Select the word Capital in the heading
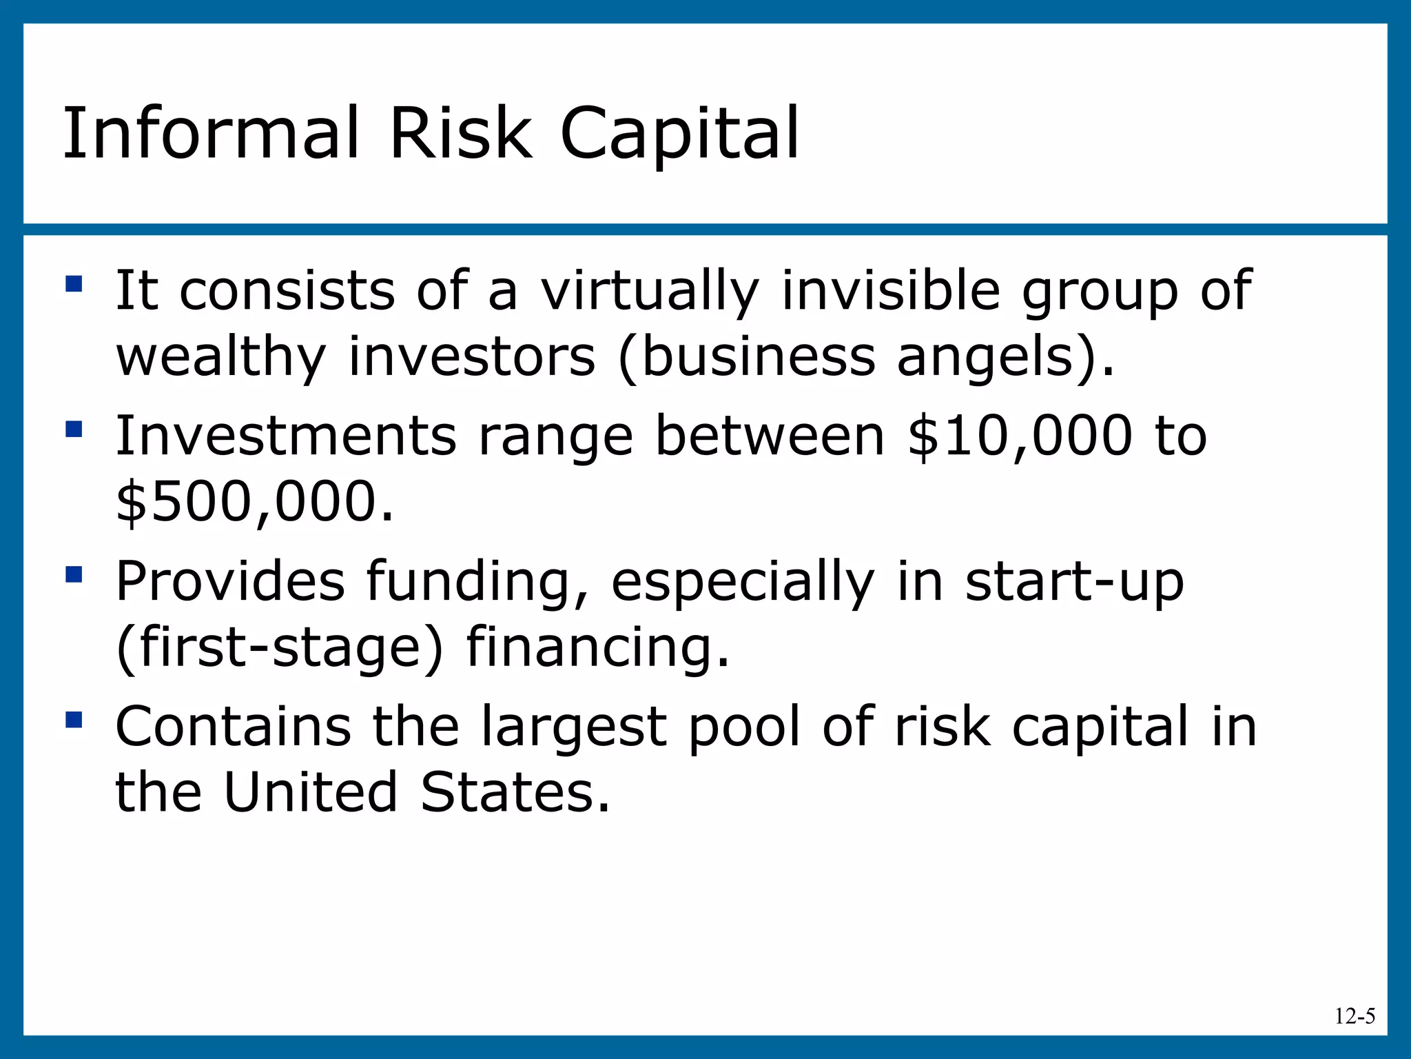pos(679,134)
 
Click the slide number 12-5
pos(1355,1016)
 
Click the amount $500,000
pos(254,502)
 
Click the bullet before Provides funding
pos(74,574)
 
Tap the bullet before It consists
pos(74,283)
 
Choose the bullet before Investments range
pos(74,430)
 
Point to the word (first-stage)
pos(279,648)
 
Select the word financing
pos(597,648)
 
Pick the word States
pos(515,793)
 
